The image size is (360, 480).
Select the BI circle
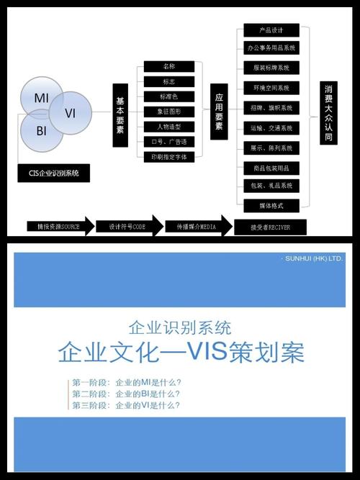click(x=41, y=132)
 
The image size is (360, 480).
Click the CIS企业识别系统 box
click(x=54, y=173)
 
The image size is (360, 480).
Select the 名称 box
click(x=168, y=67)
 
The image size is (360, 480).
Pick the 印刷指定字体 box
click(x=168, y=156)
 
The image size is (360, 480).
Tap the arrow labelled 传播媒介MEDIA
click(x=191, y=226)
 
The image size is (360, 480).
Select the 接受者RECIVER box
click(x=271, y=227)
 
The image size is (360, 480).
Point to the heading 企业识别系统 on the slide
click(x=179, y=328)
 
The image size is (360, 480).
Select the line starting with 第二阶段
click(x=125, y=394)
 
